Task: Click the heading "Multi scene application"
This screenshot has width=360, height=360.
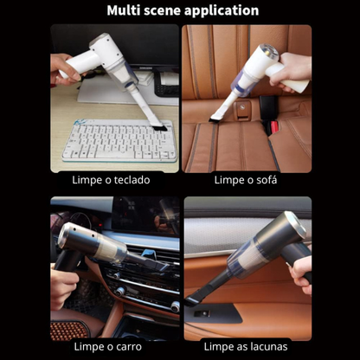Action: click(182, 11)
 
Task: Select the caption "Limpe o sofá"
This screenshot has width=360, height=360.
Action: click(247, 181)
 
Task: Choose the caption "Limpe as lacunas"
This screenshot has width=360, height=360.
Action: click(247, 347)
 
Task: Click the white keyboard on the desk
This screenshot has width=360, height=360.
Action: click(119, 140)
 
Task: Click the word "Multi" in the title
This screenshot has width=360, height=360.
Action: click(125, 11)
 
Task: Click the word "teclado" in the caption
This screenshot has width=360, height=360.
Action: click(133, 181)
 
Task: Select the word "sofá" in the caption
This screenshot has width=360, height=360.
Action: click(267, 181)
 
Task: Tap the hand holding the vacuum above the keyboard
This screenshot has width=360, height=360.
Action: click(62, 67)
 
